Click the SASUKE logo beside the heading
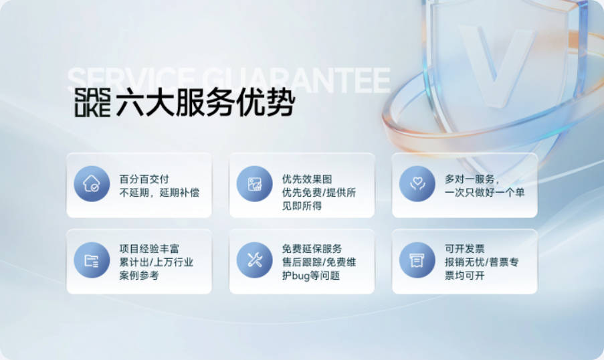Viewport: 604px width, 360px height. tap(92, 102)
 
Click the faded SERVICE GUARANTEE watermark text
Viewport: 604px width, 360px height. tap(229, 80)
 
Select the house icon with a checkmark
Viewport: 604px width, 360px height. tap(92, 183)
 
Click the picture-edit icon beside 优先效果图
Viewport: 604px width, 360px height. tap(255, 183)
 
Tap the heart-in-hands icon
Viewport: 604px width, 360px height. tap(417, 183)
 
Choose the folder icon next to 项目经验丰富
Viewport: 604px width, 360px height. tap(92, 260)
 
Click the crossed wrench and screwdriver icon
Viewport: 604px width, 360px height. tap(255, 260)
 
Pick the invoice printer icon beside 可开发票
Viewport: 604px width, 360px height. tap(417, 260)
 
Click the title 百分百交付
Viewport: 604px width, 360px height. tap(144, 179)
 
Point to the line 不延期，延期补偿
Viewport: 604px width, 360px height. tap(159, 192)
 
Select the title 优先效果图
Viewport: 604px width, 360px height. tap(307, 179)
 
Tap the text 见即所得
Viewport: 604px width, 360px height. tap(302, 206)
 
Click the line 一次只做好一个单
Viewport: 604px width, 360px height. tap(484, 192)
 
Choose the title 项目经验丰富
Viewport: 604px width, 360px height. tap(149, 249)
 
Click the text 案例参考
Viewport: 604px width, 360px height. tap(139, 275)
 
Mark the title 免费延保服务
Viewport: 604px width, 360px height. tap(312, 249)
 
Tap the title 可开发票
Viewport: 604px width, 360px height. tap(465, 249)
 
